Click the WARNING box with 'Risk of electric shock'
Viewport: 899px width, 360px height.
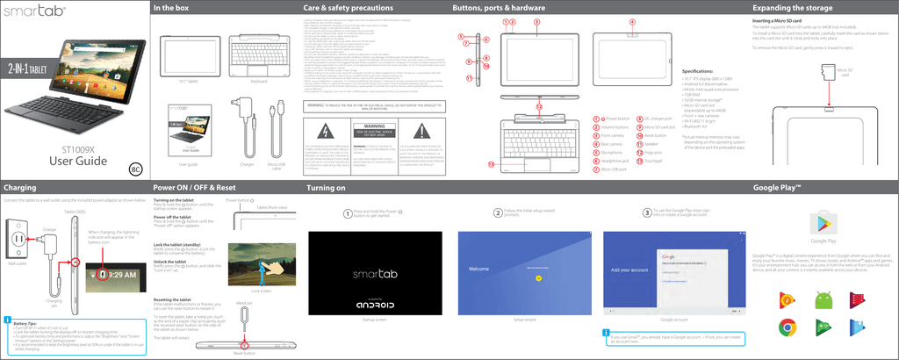pos(369,133)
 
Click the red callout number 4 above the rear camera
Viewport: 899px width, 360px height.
pos(632,22)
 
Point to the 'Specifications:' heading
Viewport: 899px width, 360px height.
pos(701,70)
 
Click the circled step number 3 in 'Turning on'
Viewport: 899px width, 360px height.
pos(646,212)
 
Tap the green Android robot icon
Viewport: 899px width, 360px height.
pos(824,300)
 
